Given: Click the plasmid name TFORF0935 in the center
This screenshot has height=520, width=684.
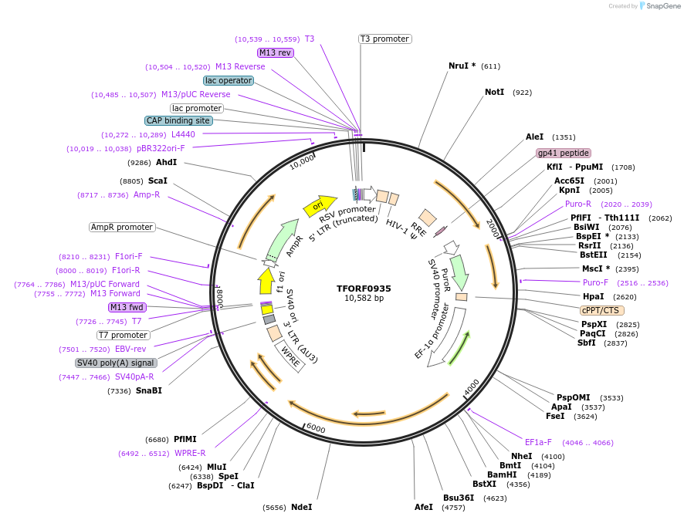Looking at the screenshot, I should click(x=364, y=289).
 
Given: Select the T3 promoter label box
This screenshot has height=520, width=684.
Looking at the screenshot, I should click(x=385, y=39).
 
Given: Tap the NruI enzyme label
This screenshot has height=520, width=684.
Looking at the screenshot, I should click(x=462, y=66).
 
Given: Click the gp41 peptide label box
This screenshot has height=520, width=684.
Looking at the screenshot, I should click(x=564, y=153).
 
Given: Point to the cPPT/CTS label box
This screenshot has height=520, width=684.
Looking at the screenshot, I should click(x=602, y=310).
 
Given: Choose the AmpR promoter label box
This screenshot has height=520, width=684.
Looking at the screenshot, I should click(x=122, y=227).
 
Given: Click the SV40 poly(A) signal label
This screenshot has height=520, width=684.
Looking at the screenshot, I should click(x=116, y=363).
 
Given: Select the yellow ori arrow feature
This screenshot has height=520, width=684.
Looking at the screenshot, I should click(x=317, y=205).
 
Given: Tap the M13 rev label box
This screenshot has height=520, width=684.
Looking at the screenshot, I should click(x=276, y=52).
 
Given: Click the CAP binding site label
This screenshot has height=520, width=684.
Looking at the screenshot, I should click(x=178, y=120).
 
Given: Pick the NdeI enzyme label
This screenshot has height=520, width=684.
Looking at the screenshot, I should click(x=301, y=507).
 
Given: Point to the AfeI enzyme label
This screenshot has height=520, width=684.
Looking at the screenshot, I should click(x=424, y=507).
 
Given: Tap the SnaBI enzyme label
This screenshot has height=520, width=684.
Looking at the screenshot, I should click(x=148, y=390).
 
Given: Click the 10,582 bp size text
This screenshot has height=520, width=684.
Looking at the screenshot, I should click(x=364, y=299).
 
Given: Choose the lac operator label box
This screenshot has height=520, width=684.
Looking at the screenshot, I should click(x=229, y=80).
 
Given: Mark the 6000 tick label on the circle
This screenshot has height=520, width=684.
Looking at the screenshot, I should click(x=317, y=427).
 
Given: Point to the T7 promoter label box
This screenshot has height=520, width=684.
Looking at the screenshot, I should click(x=123, y=335).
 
